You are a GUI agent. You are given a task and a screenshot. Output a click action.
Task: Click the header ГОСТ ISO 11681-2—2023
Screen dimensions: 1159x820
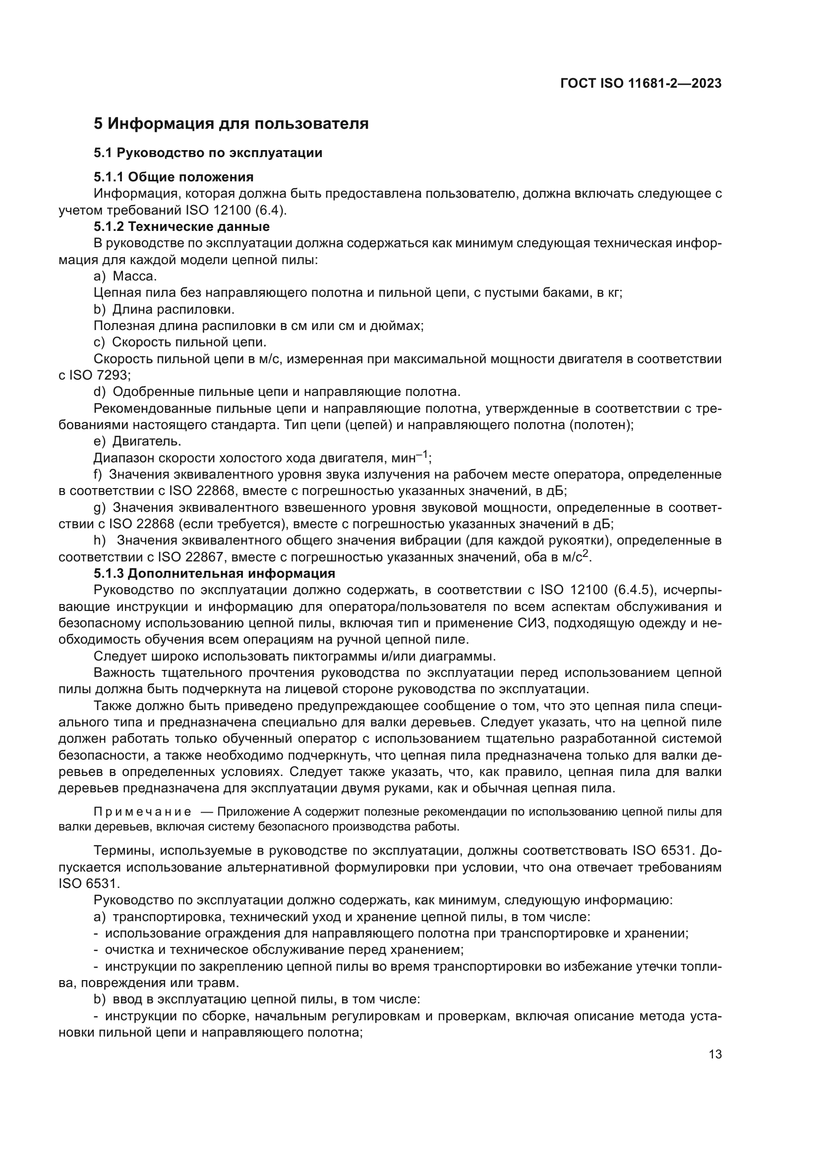(640, 84)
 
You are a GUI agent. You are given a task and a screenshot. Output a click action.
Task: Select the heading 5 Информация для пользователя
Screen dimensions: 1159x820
(231, 124)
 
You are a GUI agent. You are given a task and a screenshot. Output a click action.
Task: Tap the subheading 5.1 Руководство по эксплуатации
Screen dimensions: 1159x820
(208, 153)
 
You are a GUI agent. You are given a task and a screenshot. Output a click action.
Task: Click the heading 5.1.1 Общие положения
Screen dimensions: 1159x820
(173, 177)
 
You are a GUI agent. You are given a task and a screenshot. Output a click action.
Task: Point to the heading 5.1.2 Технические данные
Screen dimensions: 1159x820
(181, 226)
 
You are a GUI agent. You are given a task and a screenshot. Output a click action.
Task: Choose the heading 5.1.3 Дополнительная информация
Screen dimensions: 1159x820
(214, 573)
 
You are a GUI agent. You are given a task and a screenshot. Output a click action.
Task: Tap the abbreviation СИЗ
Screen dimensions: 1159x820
(532, 623)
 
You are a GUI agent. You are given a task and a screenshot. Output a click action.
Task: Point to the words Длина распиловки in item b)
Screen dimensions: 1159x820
(173, 309)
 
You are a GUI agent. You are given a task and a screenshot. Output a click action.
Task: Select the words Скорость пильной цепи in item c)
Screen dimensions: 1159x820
(189, 342)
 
